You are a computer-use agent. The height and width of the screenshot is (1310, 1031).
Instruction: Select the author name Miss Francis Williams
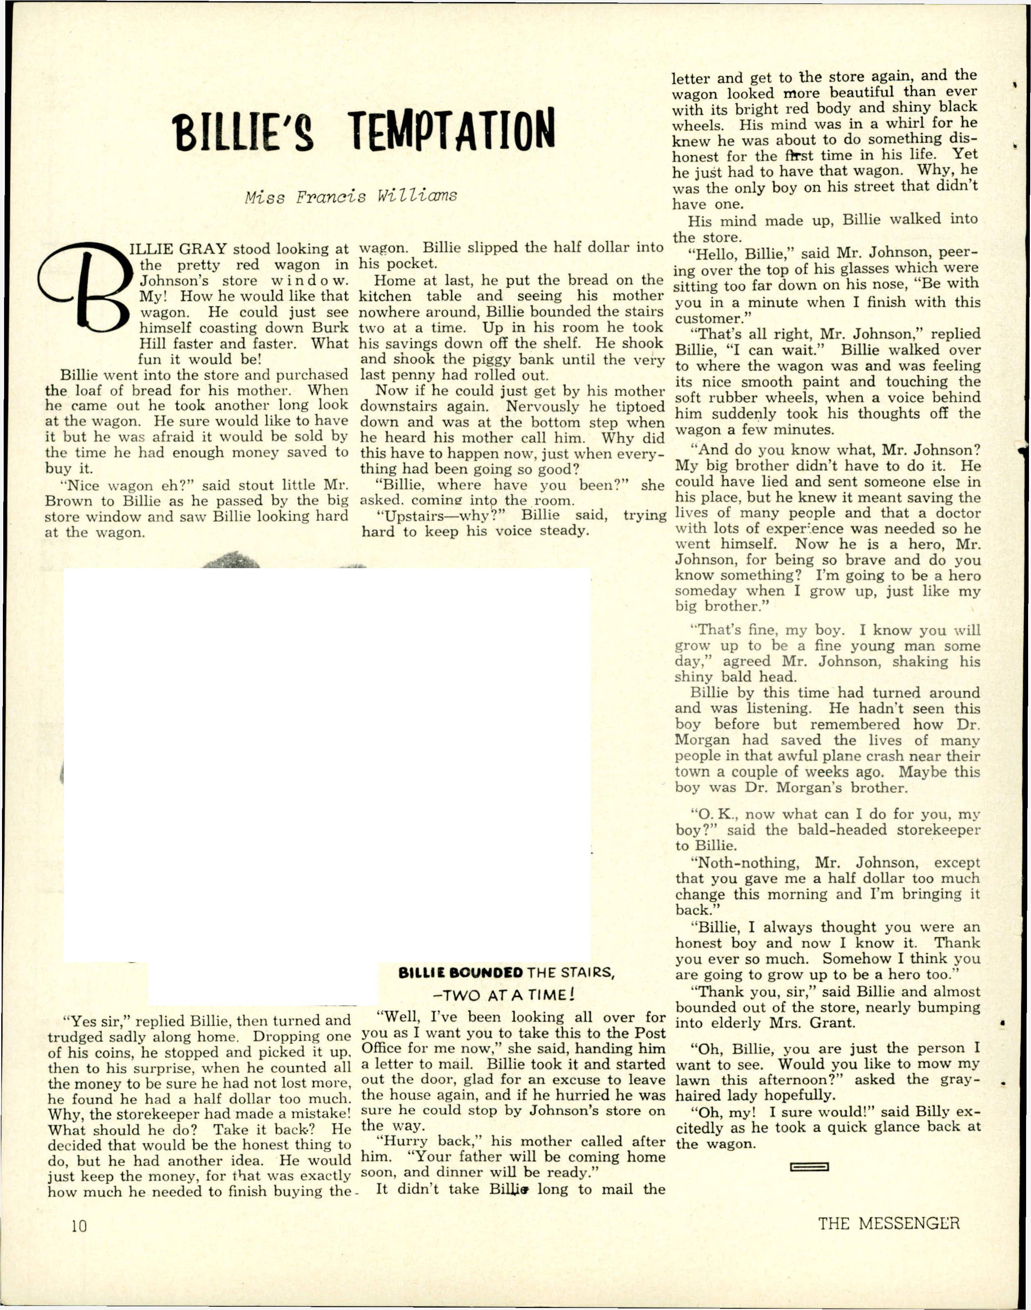click(x=351, y=197)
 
